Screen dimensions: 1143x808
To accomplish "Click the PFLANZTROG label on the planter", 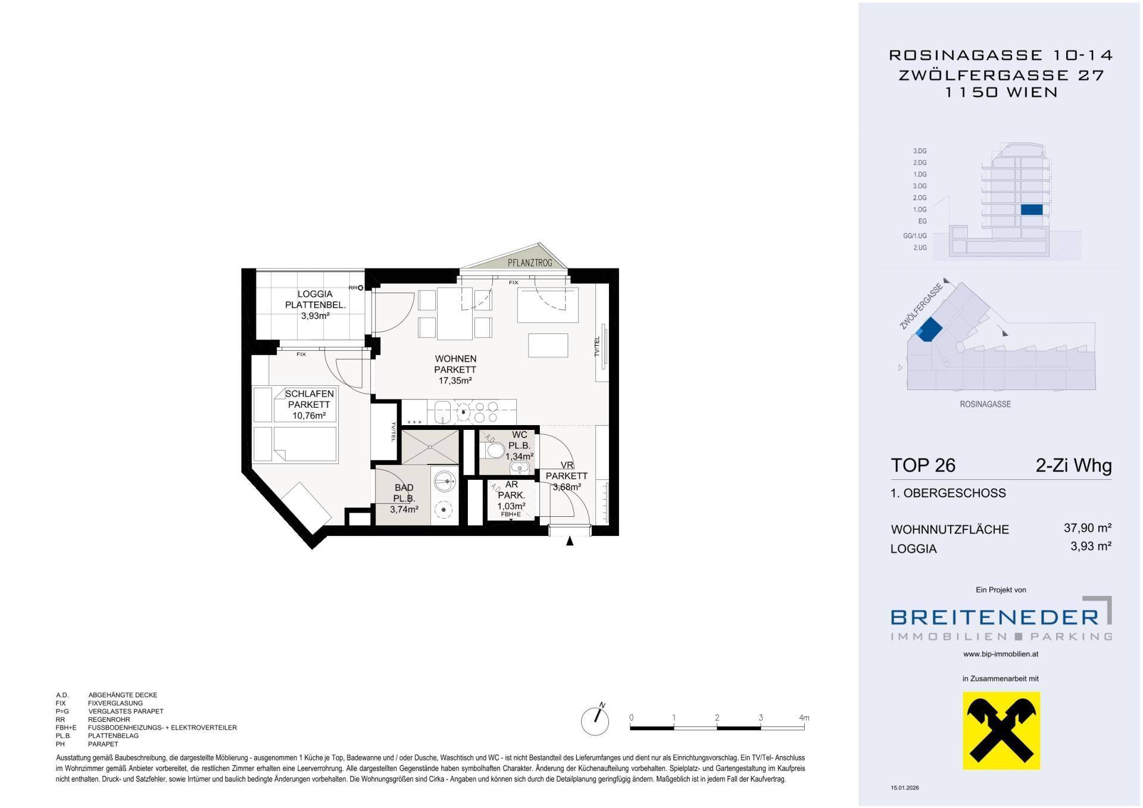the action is click(x=529, y=263).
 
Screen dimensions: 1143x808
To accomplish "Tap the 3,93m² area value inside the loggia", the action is click(x=316, y=316).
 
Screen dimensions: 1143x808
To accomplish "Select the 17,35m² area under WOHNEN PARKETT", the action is click(x=455, y=380).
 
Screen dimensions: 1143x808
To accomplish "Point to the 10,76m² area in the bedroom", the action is click(x=309, y=416).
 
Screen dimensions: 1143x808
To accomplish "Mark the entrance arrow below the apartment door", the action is click(x=570, y=541).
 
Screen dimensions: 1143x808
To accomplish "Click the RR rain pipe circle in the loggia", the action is click(x=360, y=288).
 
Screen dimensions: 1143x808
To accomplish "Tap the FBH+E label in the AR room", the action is click(x=511, y=514).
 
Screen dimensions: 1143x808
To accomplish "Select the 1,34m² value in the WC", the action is click(x=519, y=457).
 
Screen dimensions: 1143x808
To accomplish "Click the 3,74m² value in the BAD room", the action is click(x=404, y=509).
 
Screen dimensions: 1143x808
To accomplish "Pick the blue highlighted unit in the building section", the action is click(x=1032, y=210).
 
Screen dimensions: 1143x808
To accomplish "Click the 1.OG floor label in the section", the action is click(x=920, y=210).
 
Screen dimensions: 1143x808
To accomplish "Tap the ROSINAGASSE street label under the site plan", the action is click(x=985, y=404).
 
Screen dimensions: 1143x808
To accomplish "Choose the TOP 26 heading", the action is click(x=923, y=465).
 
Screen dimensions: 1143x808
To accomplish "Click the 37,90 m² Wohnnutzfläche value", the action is click(x=1088, y=528).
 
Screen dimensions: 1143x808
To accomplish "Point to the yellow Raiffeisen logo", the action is click(x=1002, y=730).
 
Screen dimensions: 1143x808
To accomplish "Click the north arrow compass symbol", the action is click(x=595, y=720).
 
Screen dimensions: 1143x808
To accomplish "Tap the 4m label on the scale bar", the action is click(x=804, y=718).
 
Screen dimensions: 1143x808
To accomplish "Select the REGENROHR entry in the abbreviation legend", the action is click(x=109, y=719).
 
